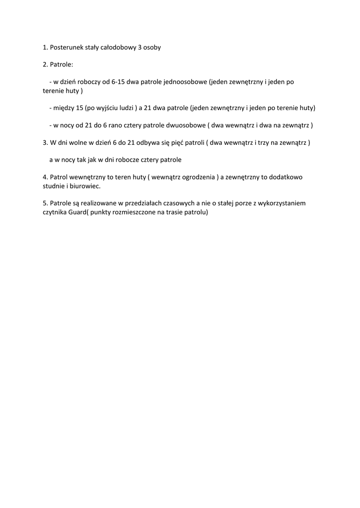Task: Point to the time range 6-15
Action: point(118,82)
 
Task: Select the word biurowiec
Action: point(84,186)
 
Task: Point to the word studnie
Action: point(54,186)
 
